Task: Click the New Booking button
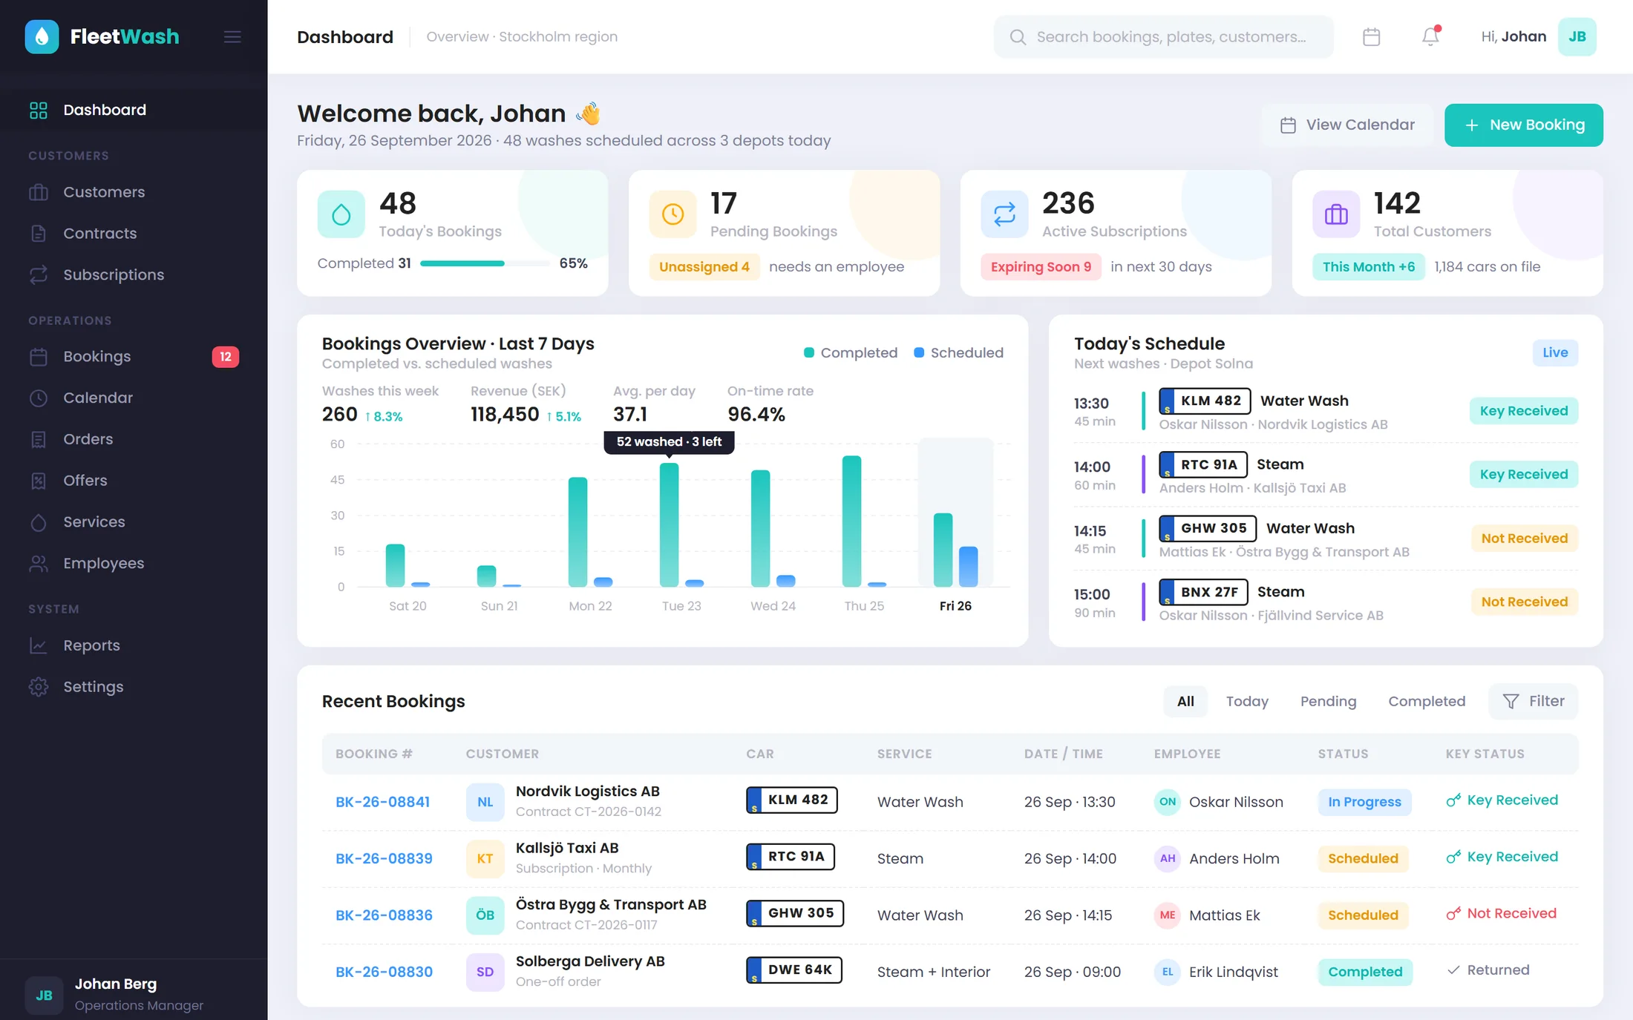tap(1523, 125)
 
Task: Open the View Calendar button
tap(1347, 125)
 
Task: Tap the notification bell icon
tap(1430, 36)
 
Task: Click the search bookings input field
tap(1163, 36)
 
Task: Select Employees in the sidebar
tap(103, 563)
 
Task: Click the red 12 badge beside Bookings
tap(226, 357)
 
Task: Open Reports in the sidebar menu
tap(91, 645)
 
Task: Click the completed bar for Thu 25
tap(851, 521)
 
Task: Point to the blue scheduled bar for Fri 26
tap(968, 567)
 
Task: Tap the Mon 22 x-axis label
tap(590, 606)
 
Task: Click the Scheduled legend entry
tap(958, 352)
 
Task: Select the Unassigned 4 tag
tap(704, 267)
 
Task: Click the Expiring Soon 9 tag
tap(1041, 267)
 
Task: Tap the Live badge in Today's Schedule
tap(1555, 352)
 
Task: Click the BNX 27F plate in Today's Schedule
tap(1203, 592)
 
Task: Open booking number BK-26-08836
tap(384, 915)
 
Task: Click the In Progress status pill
tap(1364, 802)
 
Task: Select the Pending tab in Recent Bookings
tap(1328, 701)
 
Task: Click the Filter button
tap(1533, 701)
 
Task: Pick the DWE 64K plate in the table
tap(793, 970)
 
